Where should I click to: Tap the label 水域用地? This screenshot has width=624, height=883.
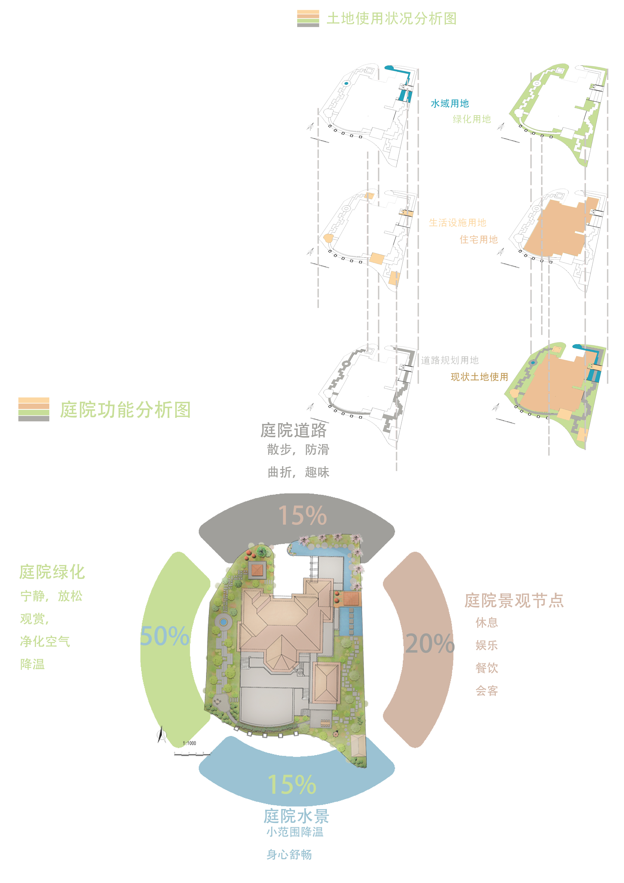point(449,103)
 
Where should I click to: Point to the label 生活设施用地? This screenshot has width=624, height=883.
point(457,223)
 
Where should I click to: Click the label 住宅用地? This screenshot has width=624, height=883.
point(478,240)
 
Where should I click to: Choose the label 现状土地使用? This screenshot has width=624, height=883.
point(479,377)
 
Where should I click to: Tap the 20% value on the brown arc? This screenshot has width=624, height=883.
point(430,643)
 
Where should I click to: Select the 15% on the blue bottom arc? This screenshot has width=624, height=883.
point(292,785)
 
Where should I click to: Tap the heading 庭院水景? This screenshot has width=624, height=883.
point(296,816)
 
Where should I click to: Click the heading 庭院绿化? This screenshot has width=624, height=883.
point(52,572)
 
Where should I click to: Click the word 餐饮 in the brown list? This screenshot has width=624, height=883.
point(486,668)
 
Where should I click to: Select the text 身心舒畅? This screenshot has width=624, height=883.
point(289,855)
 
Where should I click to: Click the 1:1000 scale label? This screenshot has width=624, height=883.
point(189,743)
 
